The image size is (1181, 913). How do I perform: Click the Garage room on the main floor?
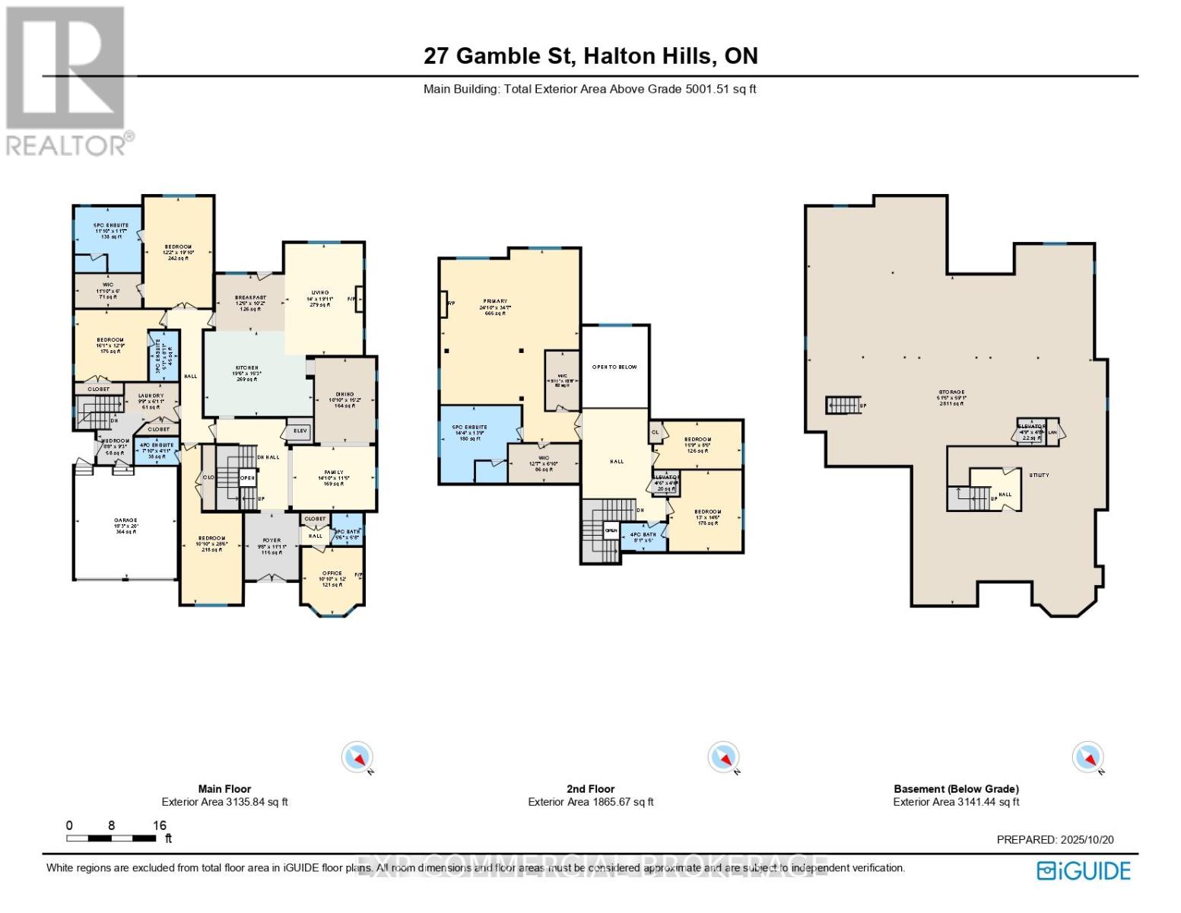coord(125,525)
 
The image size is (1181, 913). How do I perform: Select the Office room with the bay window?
coord(332,578)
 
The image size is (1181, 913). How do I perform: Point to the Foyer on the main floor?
coord(271,546)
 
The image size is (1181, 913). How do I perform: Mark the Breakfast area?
coord(250,303)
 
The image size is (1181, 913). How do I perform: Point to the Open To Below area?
coord(614,367)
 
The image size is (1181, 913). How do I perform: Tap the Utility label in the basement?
coord(1039,475)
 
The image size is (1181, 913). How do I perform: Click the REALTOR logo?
coord(67,80)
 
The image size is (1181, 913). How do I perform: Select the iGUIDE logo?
coord(1084,870)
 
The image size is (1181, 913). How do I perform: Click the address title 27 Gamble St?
coord(590,56)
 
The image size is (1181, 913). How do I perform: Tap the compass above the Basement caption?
coord(1087,758)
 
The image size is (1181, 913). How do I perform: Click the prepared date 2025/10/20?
coord(1055,839)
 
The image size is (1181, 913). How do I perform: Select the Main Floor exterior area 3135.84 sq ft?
coord(224,802)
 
